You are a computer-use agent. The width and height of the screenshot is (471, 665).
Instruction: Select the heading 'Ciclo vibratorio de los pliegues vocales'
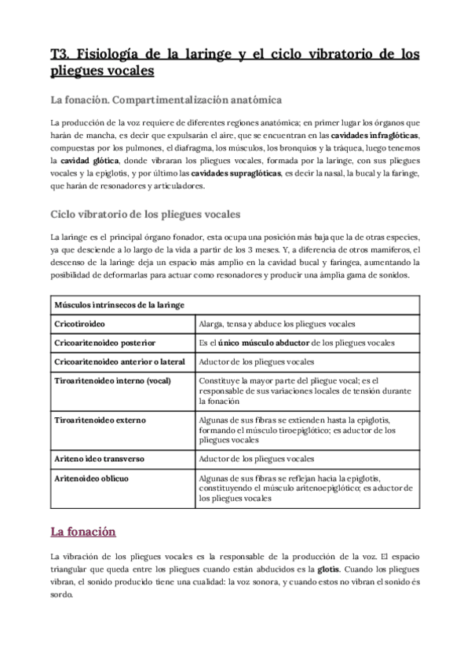[x=145, y=214]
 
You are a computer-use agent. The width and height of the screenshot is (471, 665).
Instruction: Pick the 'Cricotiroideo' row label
[x=78, y=323]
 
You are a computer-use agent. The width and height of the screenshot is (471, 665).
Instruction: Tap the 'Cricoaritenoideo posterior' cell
[x=104, y=343]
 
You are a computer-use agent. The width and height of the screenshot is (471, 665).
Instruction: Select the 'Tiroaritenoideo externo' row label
[x=100, y=420]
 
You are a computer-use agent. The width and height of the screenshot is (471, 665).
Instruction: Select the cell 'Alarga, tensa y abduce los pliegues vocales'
[x=278, y=323]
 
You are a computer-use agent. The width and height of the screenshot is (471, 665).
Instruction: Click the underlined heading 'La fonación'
[x=83, y=532]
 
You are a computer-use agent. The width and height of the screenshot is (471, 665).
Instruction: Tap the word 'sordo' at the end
[x=60, y=594]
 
